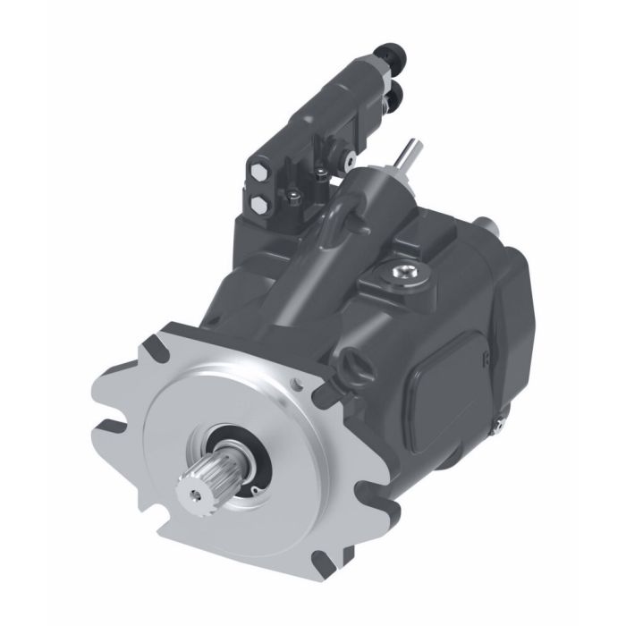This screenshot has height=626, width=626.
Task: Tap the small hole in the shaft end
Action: tap(190, 491)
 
